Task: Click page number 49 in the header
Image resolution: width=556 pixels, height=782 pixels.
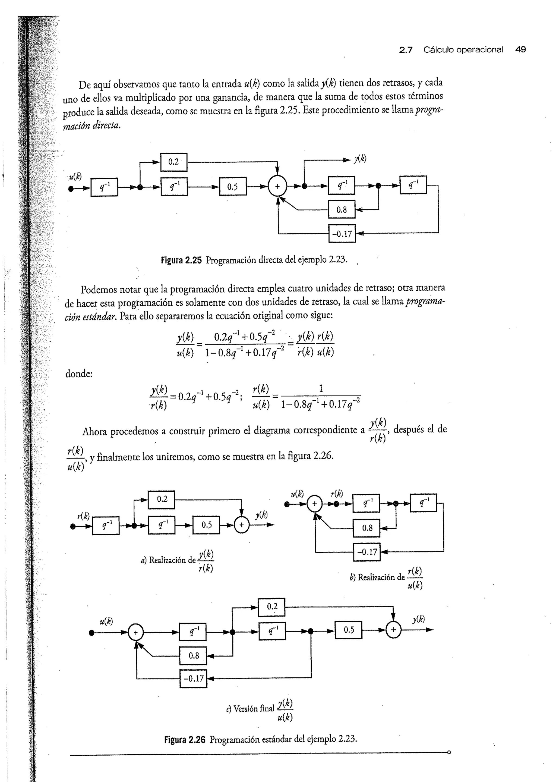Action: click(x=520, y=50)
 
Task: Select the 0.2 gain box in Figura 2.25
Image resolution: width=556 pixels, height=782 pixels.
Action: click(x=173, y=162)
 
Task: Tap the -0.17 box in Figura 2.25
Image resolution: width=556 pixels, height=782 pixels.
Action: click(x=342, y=234)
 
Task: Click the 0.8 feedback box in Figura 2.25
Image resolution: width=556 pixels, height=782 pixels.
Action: click(x=341, y=209)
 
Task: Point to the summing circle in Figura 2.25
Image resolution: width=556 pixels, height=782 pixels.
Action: click(x=277, y=187)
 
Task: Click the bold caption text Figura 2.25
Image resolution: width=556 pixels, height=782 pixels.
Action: click(x=181, y=260)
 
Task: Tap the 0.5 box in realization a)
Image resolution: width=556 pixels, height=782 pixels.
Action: click(x=206, y=525)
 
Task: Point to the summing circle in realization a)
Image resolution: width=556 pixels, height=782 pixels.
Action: click(x=241, y=525)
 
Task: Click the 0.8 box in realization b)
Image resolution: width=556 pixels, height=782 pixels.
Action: click(x=367, y=528)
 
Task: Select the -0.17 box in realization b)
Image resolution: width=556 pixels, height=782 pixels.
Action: click(x=367, y=552)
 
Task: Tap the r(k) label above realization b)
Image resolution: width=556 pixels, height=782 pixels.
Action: click(x=337, y=494)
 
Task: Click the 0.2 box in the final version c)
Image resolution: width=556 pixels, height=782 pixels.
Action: click(x=271, y=607)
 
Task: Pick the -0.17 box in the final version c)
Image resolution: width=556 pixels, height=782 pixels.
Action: click(x=194, y=679)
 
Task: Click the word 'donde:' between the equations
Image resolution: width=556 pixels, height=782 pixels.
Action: click(x=79, y=373)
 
